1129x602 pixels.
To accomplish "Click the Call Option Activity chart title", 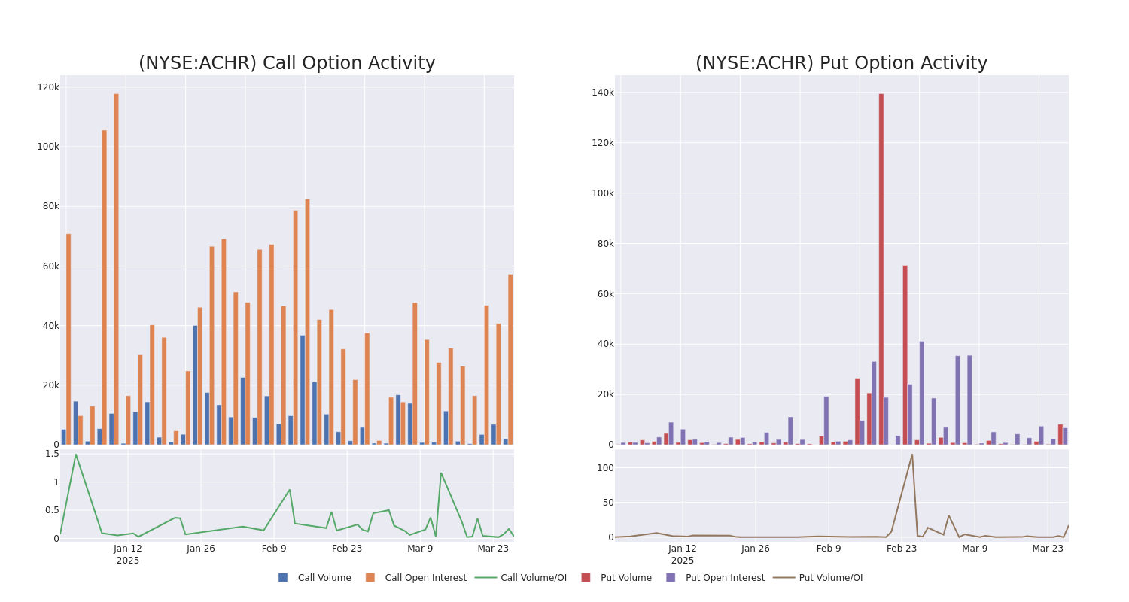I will coord(287,63).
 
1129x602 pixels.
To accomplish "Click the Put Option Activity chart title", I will coord(841,63).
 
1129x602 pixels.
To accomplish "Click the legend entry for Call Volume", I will coord(315,578).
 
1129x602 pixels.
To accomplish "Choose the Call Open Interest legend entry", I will coord(416,578).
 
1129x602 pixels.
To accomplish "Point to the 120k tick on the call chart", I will coord(48,87).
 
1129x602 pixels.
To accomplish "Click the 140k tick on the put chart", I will coord(603,93).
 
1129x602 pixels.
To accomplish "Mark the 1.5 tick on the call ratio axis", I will coord(52,454).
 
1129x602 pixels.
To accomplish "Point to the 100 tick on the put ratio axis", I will coord(605,468).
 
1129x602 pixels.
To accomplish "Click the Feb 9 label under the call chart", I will coord(274,549).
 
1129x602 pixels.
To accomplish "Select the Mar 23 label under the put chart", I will coord(1048,549).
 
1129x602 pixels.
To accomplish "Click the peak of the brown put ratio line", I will coord(912,455).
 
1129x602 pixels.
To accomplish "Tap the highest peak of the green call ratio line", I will coord(75,455).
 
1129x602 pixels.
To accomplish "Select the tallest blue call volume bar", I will coord(195,385).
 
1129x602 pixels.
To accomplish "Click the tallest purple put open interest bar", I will coord(921,393).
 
